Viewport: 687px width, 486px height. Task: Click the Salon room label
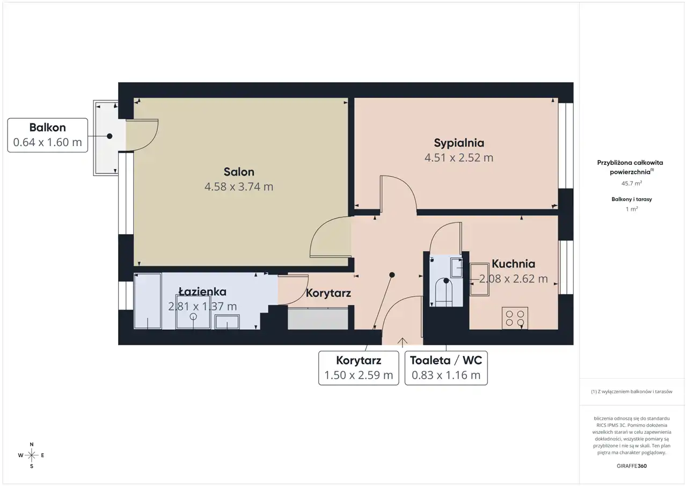point(239,172)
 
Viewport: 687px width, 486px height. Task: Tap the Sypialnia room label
point(459,143)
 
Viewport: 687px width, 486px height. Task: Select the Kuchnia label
point(514,264)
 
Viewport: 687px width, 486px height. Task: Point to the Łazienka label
point(202,292)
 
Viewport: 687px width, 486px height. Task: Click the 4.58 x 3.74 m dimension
point(239,186)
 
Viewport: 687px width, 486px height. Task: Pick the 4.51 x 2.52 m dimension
point(459,158)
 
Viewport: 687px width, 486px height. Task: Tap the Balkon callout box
point(48,135)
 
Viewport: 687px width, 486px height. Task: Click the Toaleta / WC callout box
point(446,368)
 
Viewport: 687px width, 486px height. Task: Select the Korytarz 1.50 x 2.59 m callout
point(359,368)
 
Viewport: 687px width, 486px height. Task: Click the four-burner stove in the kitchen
point(515,318)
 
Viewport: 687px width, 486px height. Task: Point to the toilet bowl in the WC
point(444,292)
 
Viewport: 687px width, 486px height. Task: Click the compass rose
point(32,455)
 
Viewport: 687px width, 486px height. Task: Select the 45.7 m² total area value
point(632,183)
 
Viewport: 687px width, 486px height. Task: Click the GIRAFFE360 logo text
point(632,466)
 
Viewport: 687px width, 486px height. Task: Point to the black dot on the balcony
point(109,136)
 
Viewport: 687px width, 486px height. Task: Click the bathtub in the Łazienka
point(148,301)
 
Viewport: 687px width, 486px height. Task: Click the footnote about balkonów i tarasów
point(632,391)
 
